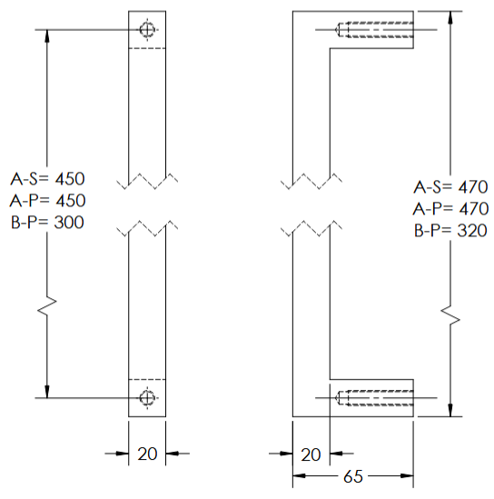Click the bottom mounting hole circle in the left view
point(147,397)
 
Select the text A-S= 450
point(47,176)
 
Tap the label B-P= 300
point(47,222)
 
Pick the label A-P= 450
point(47,199)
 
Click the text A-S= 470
point(451,188)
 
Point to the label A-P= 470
point(451,210)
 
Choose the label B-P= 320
point(451,232)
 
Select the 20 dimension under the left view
point(147,453)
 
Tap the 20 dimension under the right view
point(311,453)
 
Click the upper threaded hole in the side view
point(374,30)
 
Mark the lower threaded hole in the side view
point(374,397)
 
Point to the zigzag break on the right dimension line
point(451,315)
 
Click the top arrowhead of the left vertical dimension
point(46,35)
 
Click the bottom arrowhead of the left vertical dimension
point(46,391)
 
